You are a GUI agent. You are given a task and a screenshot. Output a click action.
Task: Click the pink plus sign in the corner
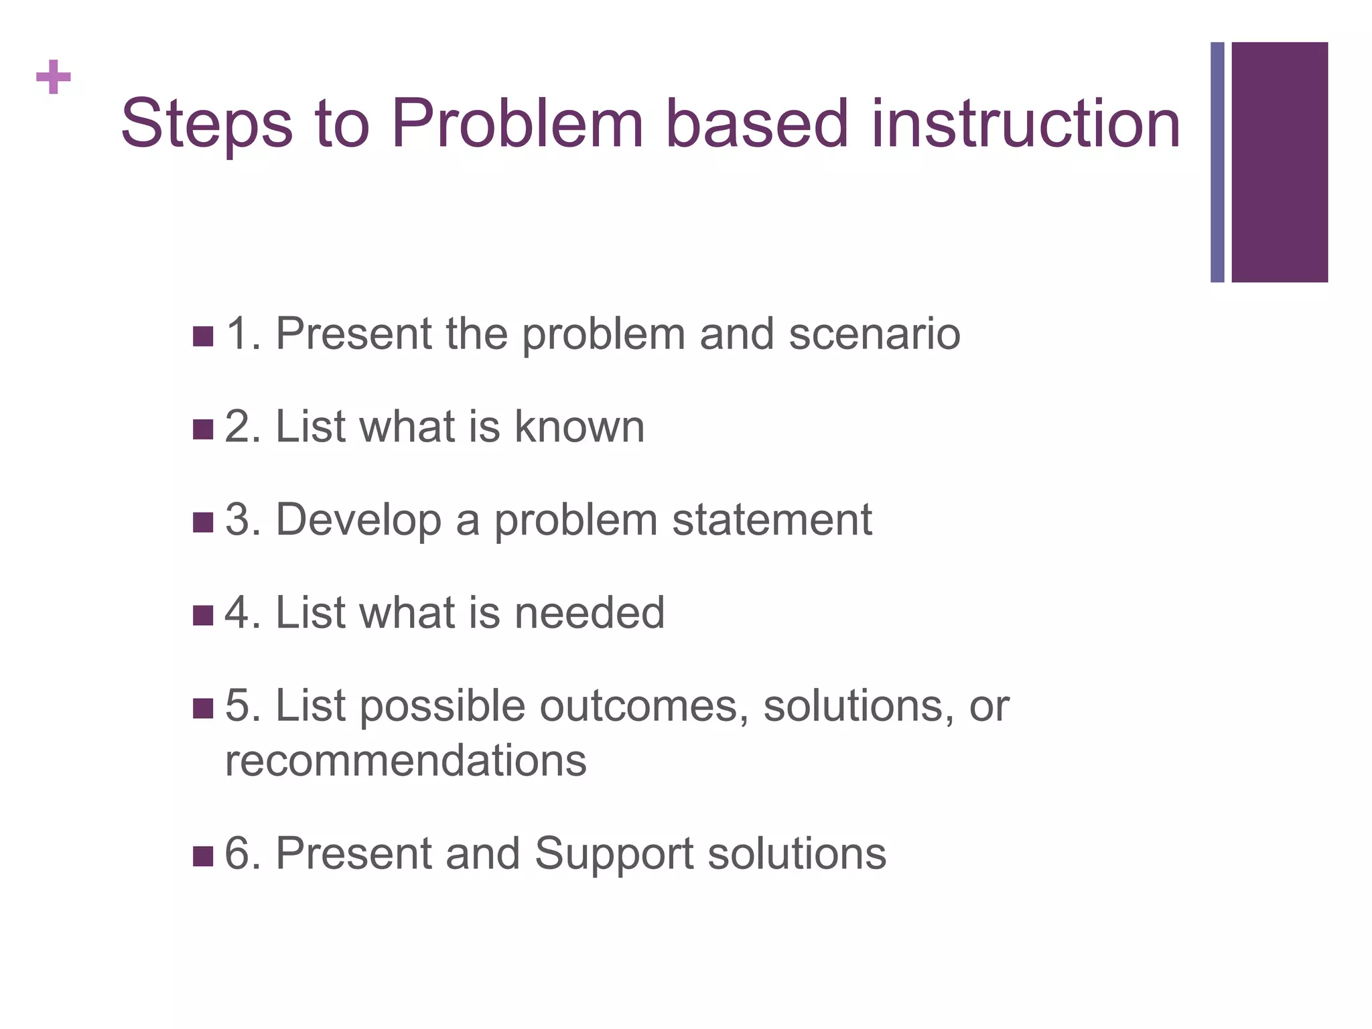pos(54,77)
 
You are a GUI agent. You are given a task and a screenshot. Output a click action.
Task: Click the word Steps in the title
pos(206,125)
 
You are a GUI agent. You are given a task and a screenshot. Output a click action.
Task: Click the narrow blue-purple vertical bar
pos(1217,162)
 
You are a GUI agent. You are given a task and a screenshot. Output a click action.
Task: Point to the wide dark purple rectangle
pos(1279,162)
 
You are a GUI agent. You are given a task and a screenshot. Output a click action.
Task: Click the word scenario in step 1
pos(874,334)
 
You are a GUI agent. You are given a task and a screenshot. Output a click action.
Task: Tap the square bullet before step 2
pos(202,429)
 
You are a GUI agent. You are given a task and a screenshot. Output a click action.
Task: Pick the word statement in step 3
pos(771,520)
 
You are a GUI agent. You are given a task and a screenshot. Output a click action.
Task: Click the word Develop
pos(358,521)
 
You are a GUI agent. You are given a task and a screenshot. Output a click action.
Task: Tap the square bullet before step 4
pos(202,615)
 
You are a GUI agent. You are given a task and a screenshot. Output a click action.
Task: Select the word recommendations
pos(405,761)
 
